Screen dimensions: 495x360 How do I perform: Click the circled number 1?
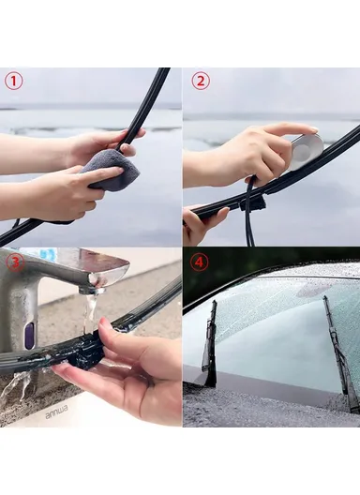[13, 81]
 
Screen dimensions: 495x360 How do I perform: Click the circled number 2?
[200, 81]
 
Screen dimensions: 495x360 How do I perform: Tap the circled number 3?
[13, 262]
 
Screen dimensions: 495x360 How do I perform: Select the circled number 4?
[199, 262]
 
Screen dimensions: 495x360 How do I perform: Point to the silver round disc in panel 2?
[305, 150]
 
